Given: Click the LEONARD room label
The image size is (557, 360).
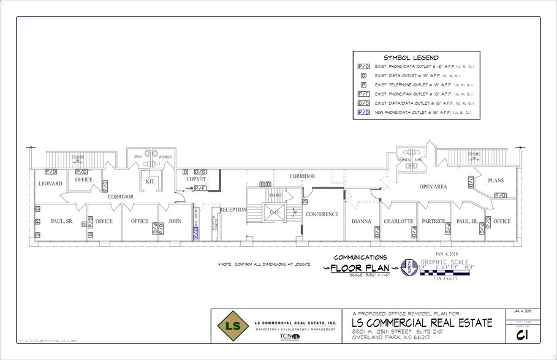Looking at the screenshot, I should pyautogui.click(x=51, y=184).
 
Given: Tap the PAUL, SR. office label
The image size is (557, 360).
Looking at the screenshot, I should pyautogui.click(x=62, y=221).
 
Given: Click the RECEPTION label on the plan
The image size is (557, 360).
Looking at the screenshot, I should pyautogui.click(x=233, y=210).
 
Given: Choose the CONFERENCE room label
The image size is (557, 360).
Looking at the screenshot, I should pyautogui.click(x=322, y=214).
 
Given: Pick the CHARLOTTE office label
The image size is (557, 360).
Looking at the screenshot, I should pyautogui.click(x=399, y=221).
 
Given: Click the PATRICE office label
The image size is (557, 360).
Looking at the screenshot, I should pyautogui.click(x=433, y=221).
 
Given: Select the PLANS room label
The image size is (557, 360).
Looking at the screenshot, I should pyautogui.click(x=495, y=181).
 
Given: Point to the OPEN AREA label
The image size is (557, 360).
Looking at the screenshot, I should pyautogui.click(x=433, y=187).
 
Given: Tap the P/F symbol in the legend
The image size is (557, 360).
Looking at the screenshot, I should pyautogui.click(x=363, y=94).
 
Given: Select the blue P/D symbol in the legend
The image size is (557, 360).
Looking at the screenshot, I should pyautogui.click(x=363, y=113).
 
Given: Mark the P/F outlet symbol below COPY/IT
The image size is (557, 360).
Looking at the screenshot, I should pyautogui.click(x=200, y=189).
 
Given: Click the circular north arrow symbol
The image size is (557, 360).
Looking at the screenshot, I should pyautogui.click(x=406, y=268).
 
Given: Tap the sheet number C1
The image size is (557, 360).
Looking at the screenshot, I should pyautogui.click(x=522, y=336).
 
